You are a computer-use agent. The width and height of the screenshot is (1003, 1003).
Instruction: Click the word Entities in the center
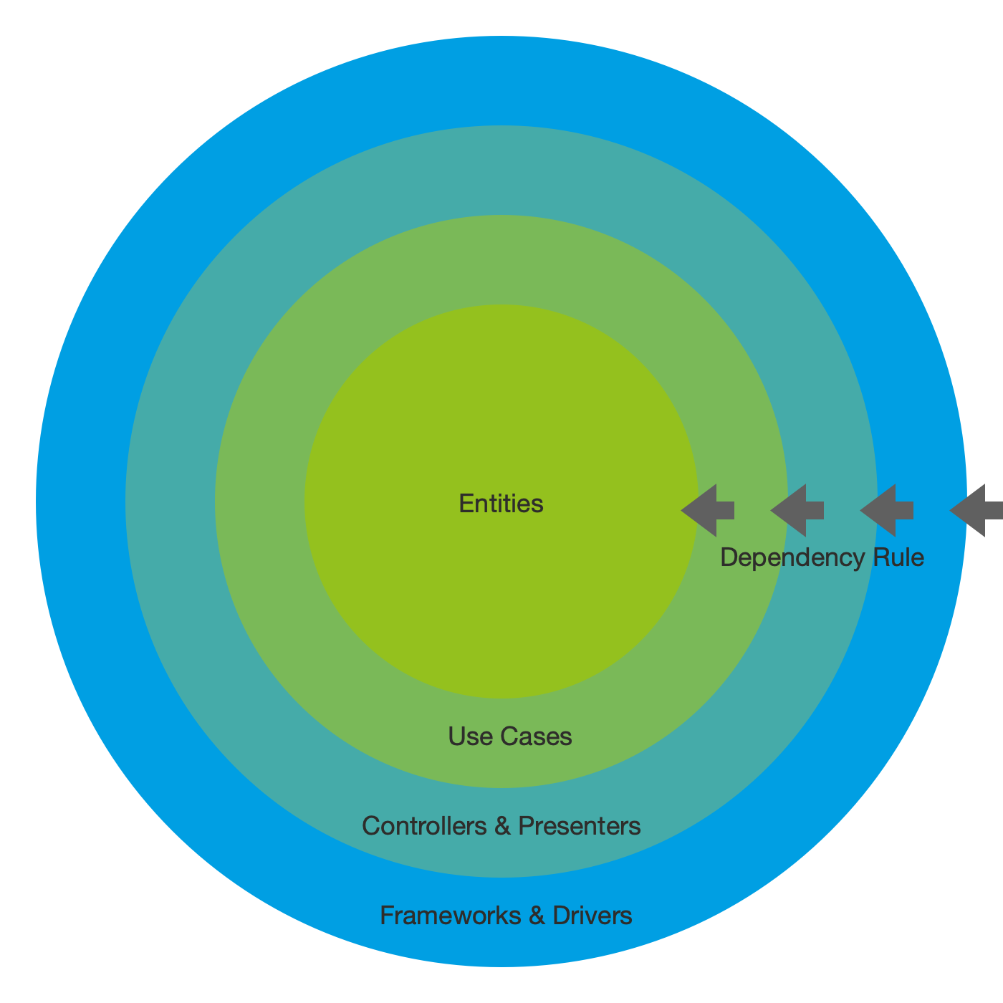click(x=501, y=504)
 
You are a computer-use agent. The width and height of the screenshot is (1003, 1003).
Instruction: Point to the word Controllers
click(x=424, y=826)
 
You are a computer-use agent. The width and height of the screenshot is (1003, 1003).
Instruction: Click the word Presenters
click(x=579, y=826)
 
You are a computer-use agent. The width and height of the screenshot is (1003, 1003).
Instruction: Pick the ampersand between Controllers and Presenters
click(x=502, y=826)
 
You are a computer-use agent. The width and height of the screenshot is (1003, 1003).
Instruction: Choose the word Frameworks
click(x=450, y=916)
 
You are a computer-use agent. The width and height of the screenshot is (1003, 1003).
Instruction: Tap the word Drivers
click(x=592, y=916)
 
